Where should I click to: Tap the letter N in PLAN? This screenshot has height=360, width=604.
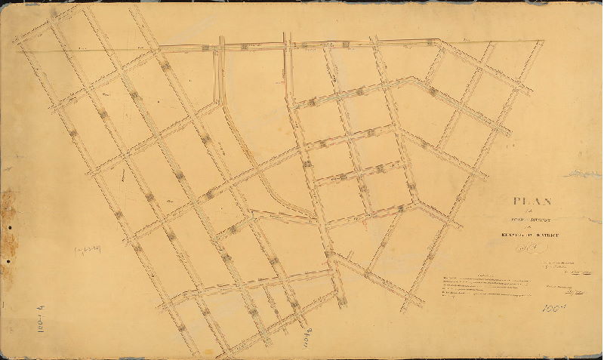548,202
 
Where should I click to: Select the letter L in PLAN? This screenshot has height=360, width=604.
526,202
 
